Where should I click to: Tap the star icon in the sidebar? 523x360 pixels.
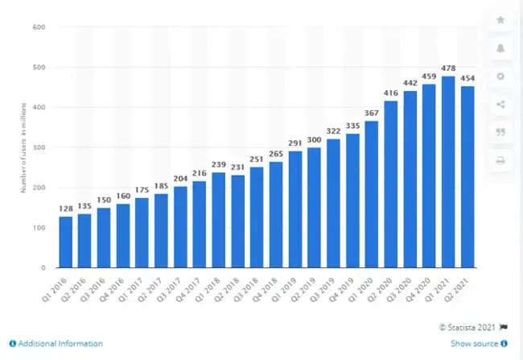pyautogui.click(x=500, y=20)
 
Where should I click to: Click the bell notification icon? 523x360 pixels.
pyautogui.click(x=500, y=48)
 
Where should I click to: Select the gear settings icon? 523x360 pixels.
pyautogui.click(x=500, y=77)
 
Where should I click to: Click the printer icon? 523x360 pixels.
pyautogui.click(x=500, y=161)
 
